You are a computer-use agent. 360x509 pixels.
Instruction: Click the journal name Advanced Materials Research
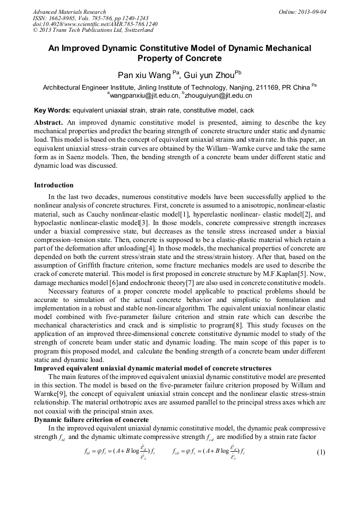[69, 12]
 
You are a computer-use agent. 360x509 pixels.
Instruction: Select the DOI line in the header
[95, 24]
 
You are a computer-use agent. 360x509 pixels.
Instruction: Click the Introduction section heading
[54, 185]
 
